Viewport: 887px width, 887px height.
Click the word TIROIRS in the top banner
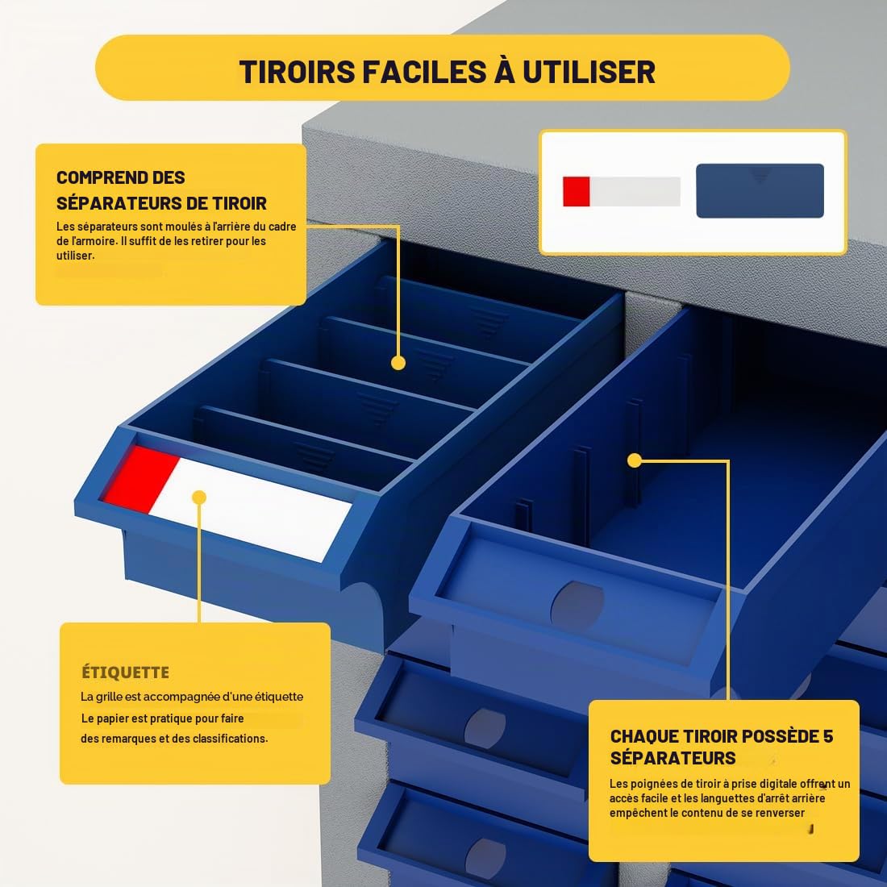298,72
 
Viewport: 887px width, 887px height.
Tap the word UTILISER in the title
589,72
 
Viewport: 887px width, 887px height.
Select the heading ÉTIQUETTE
126,672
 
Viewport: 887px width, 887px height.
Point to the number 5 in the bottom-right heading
828,736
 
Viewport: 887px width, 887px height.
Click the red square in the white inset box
577,191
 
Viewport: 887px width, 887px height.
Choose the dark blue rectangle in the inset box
760,190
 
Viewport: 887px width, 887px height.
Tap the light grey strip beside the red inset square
635,191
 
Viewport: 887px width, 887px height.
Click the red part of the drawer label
140,478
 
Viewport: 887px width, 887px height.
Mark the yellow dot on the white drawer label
199,498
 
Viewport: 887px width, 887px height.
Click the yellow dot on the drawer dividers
398,363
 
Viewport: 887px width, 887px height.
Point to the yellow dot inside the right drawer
635,460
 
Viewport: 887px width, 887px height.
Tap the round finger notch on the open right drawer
577,603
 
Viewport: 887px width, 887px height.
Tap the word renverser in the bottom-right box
780,813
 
